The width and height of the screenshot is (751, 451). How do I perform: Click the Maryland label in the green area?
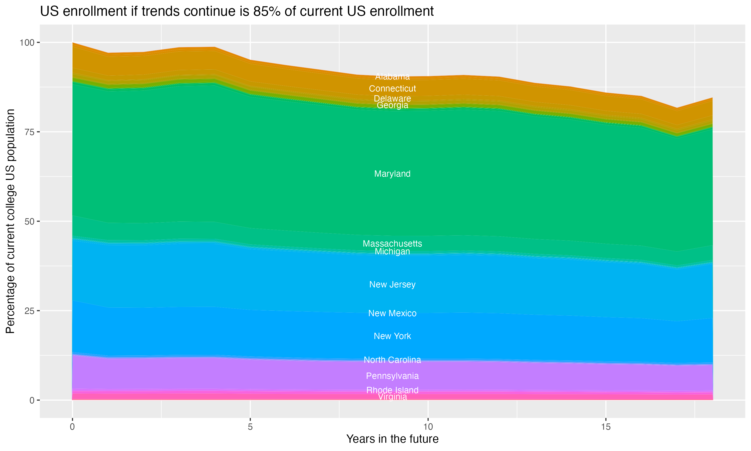[x=392, y=174]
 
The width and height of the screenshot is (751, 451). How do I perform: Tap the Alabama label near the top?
[x=392, y=77]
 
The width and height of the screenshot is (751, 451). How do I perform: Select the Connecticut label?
[x=392, y=89]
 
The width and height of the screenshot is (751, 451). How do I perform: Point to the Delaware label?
[x=392, y=98]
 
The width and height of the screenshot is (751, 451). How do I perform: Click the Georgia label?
[x=392, y=105]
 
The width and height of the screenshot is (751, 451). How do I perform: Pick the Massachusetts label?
[x=392, y=244]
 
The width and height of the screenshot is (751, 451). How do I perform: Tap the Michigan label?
[x=392, y=252]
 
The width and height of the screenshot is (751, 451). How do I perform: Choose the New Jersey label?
[x=392, y=284]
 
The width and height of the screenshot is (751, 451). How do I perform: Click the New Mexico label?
[x=392, y=313]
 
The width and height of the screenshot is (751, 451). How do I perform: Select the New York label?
[x=392, y=336]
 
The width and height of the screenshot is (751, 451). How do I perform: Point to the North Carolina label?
[x=392, y=360]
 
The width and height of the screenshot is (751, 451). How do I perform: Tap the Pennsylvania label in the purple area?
[x=392, y=376]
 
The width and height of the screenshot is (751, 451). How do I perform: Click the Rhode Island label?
[x=392, y=390]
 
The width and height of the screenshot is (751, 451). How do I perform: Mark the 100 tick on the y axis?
[x=27, y=43]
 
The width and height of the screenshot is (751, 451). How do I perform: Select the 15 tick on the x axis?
[x=606, y=427]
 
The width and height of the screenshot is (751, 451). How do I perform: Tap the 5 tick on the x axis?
[x=250, y=427]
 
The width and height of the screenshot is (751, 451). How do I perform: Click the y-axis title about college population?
[x=10, y=221]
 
